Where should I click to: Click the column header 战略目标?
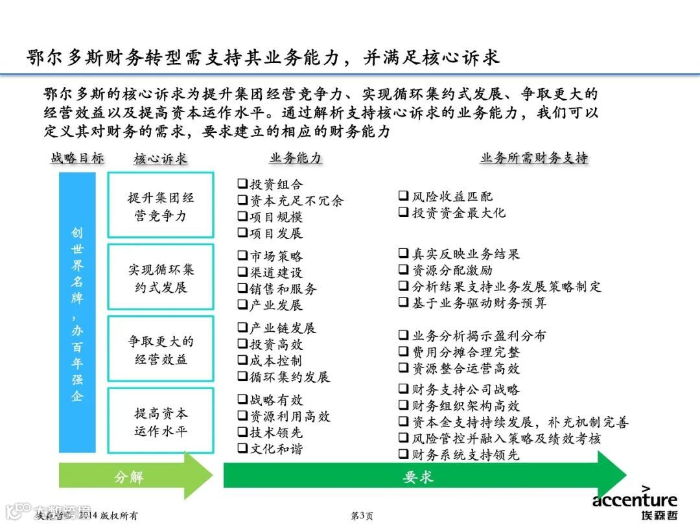tap(77, 158)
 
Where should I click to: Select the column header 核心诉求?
tap(160, 159)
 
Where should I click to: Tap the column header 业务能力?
tap(295, 158)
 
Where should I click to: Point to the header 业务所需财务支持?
tap(533, 158)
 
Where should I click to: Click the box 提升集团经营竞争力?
tap(161, 205)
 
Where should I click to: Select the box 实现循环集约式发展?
tap(161, 277)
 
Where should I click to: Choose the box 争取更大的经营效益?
tap(161, 349)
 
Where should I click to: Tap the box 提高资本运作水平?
tap(161, 421)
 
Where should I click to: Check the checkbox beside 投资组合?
tap(242, 184)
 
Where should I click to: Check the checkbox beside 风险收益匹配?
tap(403, 196)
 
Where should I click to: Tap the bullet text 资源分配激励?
tap(452, 270)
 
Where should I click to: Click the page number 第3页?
tap(361, 516)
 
